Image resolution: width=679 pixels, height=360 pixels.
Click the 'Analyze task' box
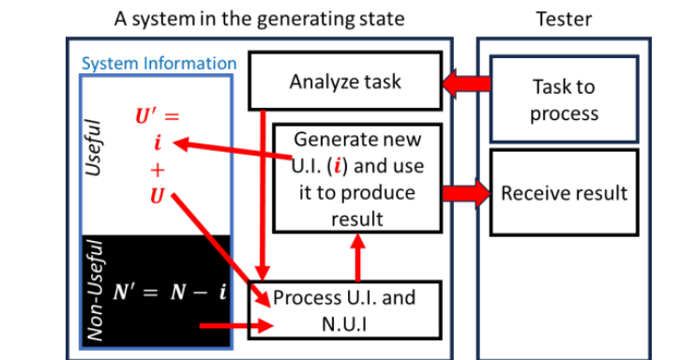tap(344, 81)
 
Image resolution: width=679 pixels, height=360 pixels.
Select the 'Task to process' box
tap(563, 99)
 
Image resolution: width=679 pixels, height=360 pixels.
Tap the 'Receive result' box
tap(564, 194)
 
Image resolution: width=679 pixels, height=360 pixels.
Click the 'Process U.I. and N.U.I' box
tap(344, 309)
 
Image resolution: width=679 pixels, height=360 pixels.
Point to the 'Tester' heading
tap(564, 18)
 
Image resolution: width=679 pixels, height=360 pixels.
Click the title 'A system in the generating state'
tap(260, 18)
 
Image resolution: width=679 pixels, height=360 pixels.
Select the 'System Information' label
tap(158, 64)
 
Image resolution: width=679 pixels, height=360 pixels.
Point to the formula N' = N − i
tap(170, 292)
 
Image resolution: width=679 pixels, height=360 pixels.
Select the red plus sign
tap(158, 172)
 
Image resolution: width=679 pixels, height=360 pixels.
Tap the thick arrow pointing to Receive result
tap(465, 193)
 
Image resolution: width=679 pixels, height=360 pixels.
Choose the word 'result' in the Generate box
tap(356, 218)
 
